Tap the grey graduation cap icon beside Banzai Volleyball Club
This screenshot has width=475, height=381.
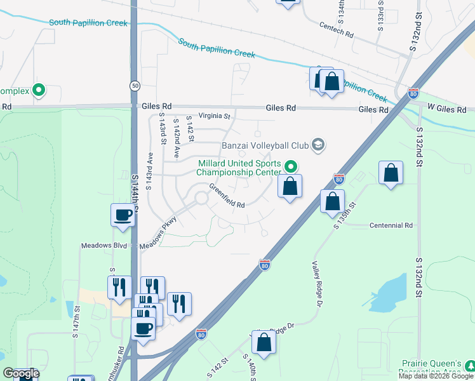coord(319,146)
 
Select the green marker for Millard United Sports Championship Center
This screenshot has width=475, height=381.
coord(291,167)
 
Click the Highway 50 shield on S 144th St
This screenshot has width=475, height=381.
coord(135,86)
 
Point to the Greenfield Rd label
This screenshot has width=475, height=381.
coord(227,196)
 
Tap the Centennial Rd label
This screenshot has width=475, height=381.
coord(392,225)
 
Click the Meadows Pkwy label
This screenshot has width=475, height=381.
coord(159,234)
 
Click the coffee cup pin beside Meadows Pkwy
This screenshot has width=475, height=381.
coord(123,215)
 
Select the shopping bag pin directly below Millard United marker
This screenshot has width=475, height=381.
coord(290,187)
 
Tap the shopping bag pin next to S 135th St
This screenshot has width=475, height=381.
coord(332,201)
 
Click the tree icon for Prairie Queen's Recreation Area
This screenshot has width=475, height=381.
coord(469,366)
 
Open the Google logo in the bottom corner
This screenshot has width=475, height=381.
coord(20,374)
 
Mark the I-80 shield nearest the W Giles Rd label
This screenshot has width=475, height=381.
coord(413,93)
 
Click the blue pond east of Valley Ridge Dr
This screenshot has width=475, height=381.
coord(388,293)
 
